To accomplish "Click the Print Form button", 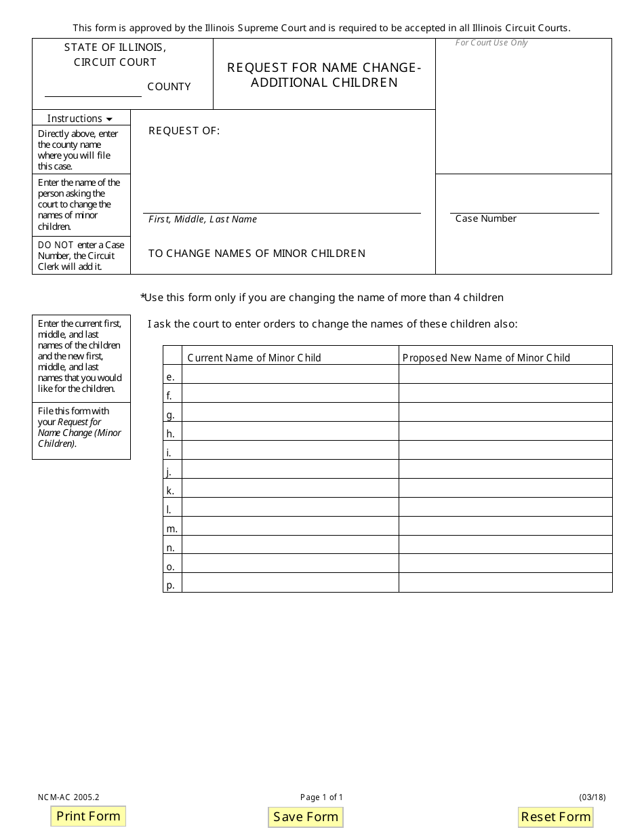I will pyautogui.click(x=88, y=816).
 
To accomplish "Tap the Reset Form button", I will pyautogui.click(x=555, y=817).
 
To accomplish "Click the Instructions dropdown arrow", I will pyautogui.click(x=109, y=119).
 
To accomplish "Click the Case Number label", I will pyautogui.click(x=485, y=218).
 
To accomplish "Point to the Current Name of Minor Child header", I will pyautogui.click(x=254, y=357).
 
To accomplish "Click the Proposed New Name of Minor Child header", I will pyautogui.click(x=486, y=357).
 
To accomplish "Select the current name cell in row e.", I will pyautogui.click(x=290, y=374).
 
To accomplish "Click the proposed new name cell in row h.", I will pyautogui.click(x=505, y=431).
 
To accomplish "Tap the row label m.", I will pyautogui.click(x=172, y=528).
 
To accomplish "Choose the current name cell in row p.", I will pyautogui.click(x=290, y=583).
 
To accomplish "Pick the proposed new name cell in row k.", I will pyautogui.click(x=505, y=488).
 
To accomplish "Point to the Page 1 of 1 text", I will pyautogui.click(x=321, y=797).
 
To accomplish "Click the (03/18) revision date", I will pyautogui.click(x=592, y=797).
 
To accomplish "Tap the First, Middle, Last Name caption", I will pyautogui.click(x=203, y=219).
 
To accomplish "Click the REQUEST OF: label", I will pyautogui.click(x=184, y=131).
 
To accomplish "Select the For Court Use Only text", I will pyautogui.click(x=491, y=43).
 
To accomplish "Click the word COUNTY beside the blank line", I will pyautogui.click(x=169, y=87).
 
